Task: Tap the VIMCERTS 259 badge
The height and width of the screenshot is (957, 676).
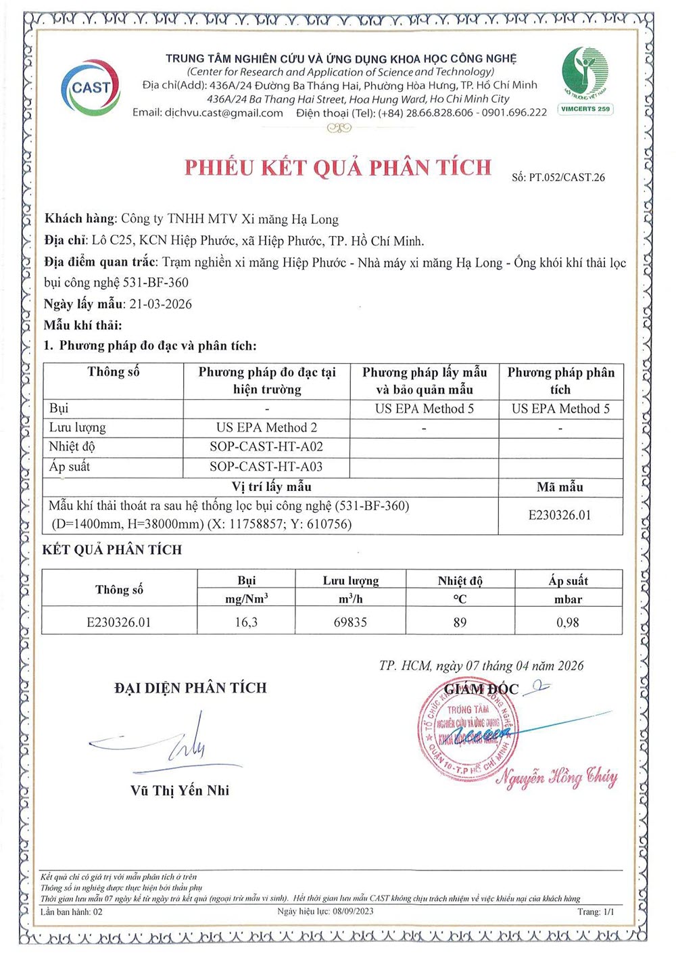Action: (585, 109)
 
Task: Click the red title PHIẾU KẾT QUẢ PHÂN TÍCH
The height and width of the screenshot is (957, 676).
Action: (338, 168)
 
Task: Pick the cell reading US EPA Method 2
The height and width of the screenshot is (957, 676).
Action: (266, 427)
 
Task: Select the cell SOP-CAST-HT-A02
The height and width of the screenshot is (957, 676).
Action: (266, 446)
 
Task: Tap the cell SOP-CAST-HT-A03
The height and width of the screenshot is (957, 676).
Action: (266, 466)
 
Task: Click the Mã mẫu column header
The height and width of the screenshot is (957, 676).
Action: (560, 487)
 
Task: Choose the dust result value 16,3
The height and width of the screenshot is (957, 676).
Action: (246, 622)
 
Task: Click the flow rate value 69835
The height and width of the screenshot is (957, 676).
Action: (350, 622)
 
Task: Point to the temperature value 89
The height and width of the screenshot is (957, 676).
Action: (460, 622)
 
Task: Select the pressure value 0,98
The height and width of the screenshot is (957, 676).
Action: (568, 622)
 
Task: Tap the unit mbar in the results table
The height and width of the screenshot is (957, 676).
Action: (568, 599)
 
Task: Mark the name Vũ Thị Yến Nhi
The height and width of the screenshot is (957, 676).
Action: (180, 790)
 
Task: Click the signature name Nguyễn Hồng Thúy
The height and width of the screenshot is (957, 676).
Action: (557, 777)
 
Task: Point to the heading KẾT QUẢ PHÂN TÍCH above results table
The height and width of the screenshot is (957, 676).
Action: (112, 550)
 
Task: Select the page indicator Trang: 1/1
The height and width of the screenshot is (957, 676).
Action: (596, 912)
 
